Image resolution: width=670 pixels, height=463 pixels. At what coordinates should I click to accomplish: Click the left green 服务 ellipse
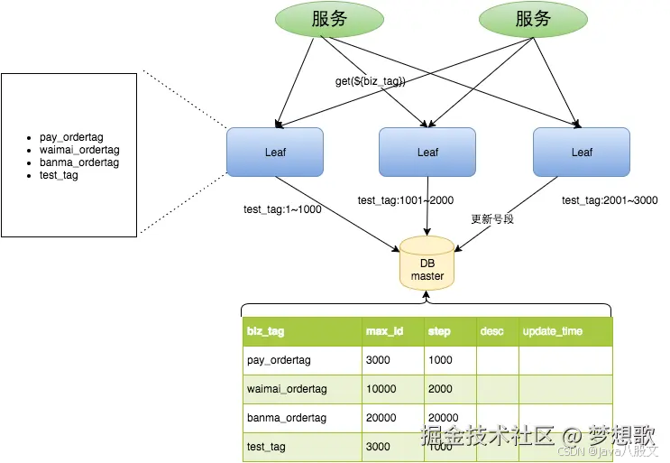tap(328, 20)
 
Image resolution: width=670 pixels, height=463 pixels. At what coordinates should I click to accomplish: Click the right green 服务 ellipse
tap(533, 20)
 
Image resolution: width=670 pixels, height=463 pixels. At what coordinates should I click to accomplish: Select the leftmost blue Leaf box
tap(275, 152)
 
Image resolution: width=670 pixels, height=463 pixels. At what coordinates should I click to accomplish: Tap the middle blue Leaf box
tap(427, 152)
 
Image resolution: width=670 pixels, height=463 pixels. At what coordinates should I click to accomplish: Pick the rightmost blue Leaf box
tap(582, 152)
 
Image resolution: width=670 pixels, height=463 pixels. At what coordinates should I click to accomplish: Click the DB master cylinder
tap(427, 264)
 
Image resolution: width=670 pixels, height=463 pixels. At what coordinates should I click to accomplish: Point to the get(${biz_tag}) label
tap(371, 81)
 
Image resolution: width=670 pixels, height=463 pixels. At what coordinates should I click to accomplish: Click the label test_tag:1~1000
tap(282, 209)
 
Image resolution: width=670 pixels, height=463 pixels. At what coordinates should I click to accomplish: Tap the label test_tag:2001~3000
tap(609, 200)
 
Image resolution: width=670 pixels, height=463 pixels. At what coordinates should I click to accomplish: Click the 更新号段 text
tap(492, 219)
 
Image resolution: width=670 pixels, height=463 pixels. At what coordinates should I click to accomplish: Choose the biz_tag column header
tap(265, 331)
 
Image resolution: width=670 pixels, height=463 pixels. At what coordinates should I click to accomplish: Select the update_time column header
tap(552, 331)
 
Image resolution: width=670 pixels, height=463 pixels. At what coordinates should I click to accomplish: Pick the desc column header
tap(492, 331)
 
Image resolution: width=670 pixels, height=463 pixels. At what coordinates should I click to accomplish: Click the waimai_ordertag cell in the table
tap(286, 389)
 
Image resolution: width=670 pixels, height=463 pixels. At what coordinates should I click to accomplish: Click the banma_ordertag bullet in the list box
tap(79, 162)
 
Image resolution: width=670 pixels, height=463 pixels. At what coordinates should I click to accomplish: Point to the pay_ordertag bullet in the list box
tap(72, 137)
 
